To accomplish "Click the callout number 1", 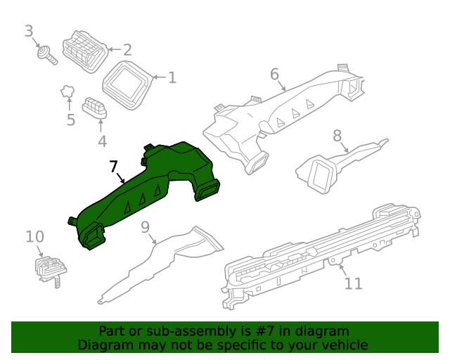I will tap(172, 77).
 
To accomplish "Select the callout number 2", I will tap(127, 50).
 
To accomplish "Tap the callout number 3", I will tap(29, 31).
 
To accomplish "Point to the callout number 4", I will tap(102, 141).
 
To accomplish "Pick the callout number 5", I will tap(70, 120).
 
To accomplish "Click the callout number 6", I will tap(274, 74).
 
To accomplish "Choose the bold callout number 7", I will tap(114, 167).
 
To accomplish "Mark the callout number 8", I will tap(337, 135).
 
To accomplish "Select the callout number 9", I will tap(146, 227).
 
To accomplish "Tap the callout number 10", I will tap(34, 237).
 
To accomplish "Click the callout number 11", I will tap(353, 283).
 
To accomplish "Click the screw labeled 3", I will tap(48, 53).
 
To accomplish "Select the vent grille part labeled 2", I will tap(84, 50).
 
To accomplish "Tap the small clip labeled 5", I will tap(67, 91).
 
